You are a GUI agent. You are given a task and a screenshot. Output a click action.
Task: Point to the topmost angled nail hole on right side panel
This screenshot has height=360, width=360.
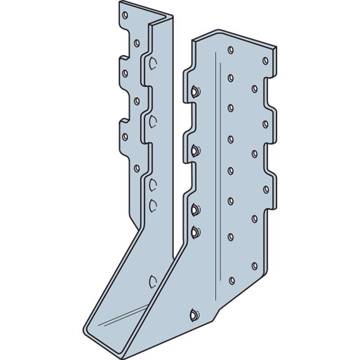point(194,92)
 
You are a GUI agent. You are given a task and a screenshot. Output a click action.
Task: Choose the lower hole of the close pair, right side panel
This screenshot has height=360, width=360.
point(194,232)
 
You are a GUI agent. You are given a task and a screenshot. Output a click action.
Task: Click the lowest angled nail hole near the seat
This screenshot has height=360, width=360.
point(193,313)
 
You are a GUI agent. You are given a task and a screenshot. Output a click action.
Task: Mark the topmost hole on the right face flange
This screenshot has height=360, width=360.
point(230,49)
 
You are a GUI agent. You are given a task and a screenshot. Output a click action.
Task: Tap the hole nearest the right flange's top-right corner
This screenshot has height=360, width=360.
point(265,59)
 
